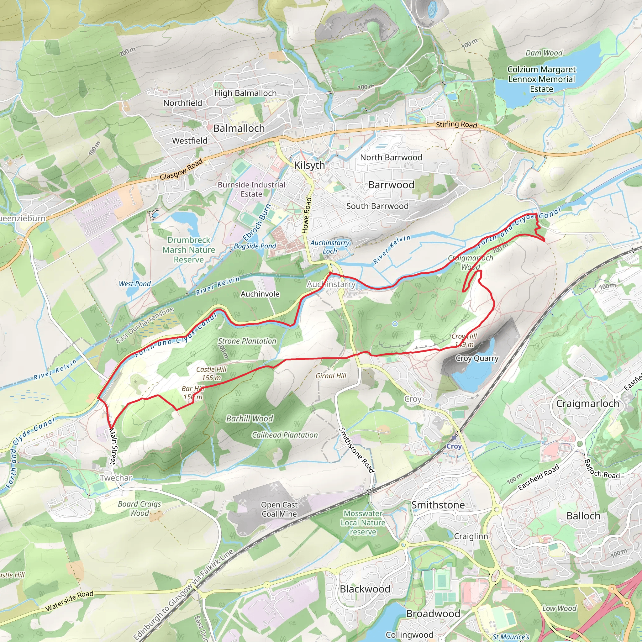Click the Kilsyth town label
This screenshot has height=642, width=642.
tap(309, 165)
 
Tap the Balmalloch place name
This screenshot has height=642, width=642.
tap(239, 128)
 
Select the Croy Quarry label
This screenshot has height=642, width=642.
tap(477, 358)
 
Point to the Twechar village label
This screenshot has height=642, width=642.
tap(116, 478)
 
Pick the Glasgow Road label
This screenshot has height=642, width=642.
tap(181, 169)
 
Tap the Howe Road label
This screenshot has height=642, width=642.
tap(307, 215)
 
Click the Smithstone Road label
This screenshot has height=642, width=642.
tap(356, 450)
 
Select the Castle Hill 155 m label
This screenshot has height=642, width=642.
tap(211, 373)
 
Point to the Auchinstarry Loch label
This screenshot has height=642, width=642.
tap(330, 247)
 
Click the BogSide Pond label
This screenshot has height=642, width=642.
tap(255, 246)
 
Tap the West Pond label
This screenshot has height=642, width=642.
tap(134, 284)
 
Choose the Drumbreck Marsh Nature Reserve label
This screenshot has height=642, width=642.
tap(189, 250)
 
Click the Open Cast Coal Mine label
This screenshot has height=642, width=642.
tap(279, 509)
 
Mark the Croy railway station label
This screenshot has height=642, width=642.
tap(454, 446)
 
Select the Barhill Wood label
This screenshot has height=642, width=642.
tap(250, 418)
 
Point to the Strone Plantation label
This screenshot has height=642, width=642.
tap(247, 341)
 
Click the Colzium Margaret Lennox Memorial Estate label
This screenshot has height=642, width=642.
tap(541, 79)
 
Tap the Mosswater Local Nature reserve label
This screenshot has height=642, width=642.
tap(363, 523)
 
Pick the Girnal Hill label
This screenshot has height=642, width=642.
tap(331, 376)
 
